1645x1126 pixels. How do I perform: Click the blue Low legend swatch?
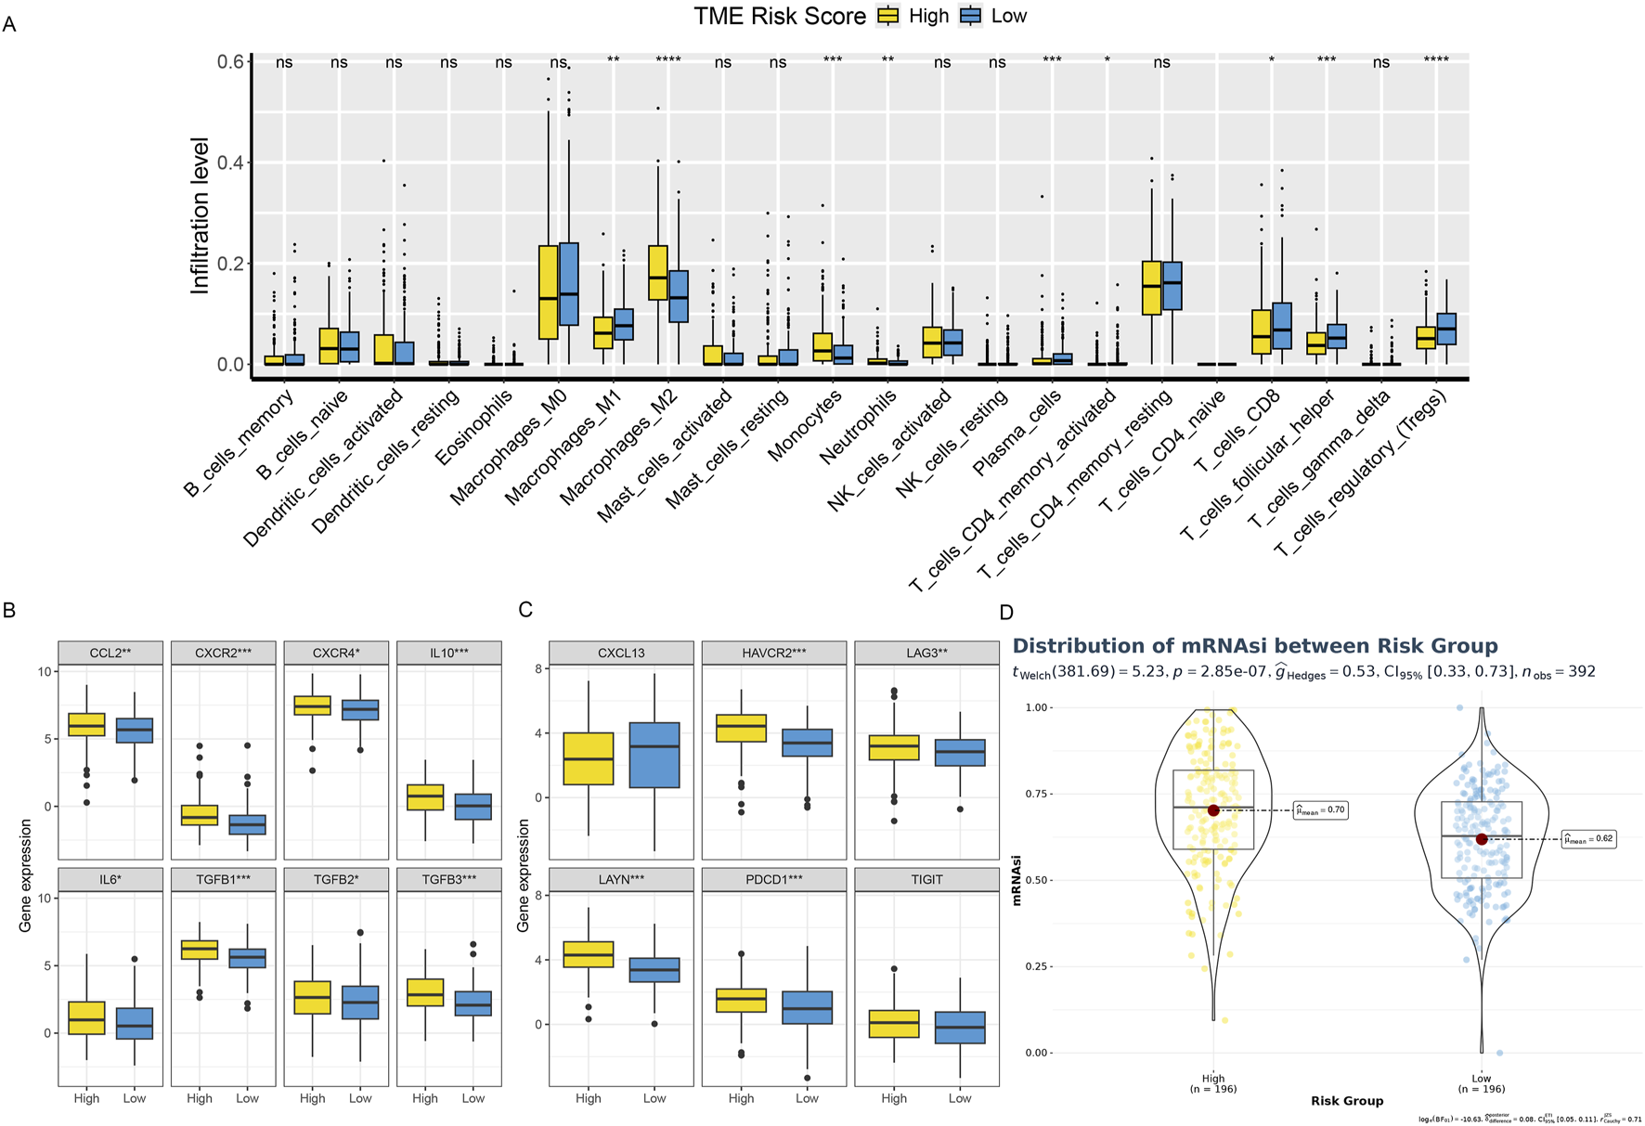pos(971,16)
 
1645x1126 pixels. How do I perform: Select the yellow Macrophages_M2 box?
pos(657,273)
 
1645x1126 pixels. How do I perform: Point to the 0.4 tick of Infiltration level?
pos(230,163)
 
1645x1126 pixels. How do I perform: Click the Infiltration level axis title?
pos(200,216)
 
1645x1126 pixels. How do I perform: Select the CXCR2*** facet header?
pos(224,653)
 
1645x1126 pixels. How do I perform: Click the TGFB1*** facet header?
pos(224,879)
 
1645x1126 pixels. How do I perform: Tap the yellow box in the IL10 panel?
pos(425,797)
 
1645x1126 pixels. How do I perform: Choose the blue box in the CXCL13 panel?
pos(654,755)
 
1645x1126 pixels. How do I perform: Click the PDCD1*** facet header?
pos(774,879)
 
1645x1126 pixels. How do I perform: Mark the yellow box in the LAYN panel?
pos(589,954)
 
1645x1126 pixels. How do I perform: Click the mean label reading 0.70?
pos(1320,810)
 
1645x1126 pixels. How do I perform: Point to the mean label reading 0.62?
pos(1588,839)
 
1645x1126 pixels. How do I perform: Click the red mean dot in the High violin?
pos(1213,810)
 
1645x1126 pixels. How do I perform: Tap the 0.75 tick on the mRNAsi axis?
pos(1037,794)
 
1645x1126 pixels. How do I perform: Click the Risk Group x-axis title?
pos(1346,1101)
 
